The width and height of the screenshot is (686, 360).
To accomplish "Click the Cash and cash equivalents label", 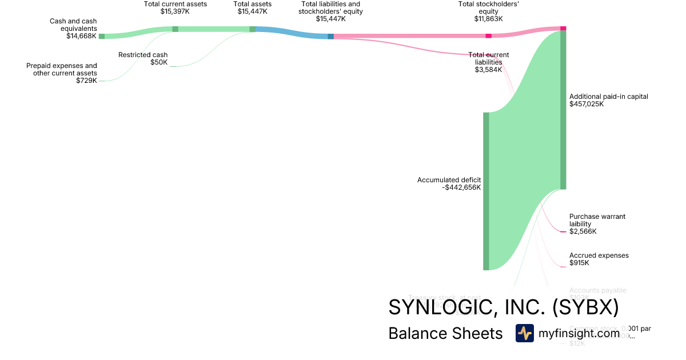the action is pyautogui.click(x=73, y=25).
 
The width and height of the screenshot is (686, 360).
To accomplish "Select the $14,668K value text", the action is pyautogui.click(x=81, y=36).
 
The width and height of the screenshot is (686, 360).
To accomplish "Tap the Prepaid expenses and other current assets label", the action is pyautogui.click(x=62, y=69).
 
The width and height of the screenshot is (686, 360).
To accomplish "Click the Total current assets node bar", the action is pyautogui.click(x=176, y=29).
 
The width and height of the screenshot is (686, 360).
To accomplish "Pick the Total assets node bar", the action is pyautogui.click(x=253, y=29).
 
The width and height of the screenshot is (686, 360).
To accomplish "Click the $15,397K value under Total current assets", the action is pyautogui.click(x=175, y=11).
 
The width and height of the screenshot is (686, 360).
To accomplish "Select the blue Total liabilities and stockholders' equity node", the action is pyautogui.click(x=330, y=37).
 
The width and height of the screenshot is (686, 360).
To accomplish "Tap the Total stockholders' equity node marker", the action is pyautogui.click(x=488, y=36).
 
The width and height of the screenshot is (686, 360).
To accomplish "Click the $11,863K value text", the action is pyautogui.click(x=488, y=19).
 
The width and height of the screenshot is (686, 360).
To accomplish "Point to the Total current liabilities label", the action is pyautogui.click(x=488, y=58).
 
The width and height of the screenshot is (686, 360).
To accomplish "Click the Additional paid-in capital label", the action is pyautogui.click(x=609, y=97).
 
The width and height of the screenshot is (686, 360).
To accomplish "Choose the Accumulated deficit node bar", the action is pyautogui.click(x=486, y=191).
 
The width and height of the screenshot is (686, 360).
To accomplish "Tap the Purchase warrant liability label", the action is pyautogui.click(x=597, y=220).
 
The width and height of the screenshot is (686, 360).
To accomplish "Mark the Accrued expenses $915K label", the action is pyautogui.click(x=599, y=259).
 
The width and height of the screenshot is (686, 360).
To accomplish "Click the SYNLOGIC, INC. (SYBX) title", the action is pyautogui.click(x=503, y=307).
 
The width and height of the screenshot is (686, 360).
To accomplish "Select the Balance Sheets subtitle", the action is pyautogui.click(x=445, y=334).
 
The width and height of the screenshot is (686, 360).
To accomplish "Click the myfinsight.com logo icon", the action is pyautogui.click(x=524, y=333).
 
